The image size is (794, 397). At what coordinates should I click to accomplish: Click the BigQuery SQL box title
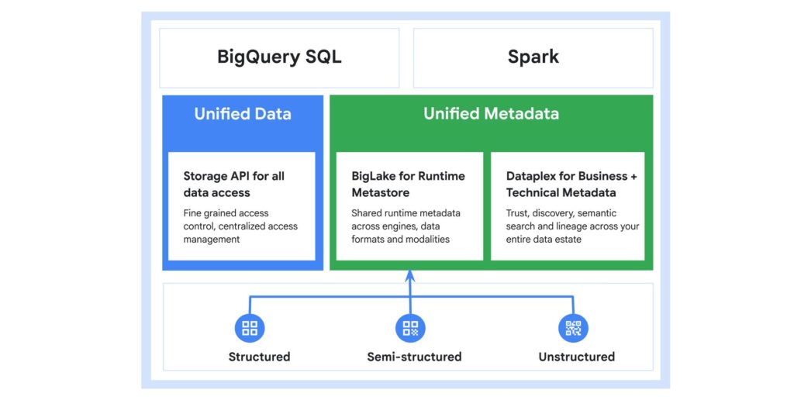(279, 57)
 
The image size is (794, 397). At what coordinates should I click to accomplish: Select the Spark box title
(533, 57)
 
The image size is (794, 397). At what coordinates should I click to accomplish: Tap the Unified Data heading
(243, 114)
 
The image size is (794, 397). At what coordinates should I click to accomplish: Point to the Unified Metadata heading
(491, 114)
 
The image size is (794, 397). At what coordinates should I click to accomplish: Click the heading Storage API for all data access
(234, 184)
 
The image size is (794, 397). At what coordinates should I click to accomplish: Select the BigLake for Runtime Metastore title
(408, 184)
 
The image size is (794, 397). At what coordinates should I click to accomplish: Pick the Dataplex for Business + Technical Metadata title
(571, 184)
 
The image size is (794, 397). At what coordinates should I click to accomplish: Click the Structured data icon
(250, 328)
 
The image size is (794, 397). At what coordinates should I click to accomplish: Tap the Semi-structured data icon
(410, 328)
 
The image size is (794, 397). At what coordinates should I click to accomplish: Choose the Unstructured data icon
(573, 328)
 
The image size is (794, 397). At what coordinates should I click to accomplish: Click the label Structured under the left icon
(259, 357)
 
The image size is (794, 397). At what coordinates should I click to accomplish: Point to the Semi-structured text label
(414, 357)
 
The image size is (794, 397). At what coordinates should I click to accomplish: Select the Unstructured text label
(576, 357)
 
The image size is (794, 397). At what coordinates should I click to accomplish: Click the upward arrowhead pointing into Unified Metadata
(410, 275)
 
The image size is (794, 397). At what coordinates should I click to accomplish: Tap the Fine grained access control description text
(240, 226)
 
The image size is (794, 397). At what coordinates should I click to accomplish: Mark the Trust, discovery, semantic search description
(572, 226)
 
